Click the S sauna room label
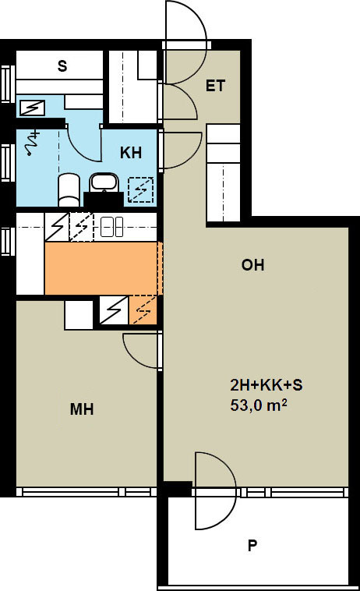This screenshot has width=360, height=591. coord(62,66)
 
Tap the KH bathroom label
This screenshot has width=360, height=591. coord(131,153)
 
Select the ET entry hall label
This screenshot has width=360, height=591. coord(215,86)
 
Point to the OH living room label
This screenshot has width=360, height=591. coord(252,265)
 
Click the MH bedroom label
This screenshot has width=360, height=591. coord(82,409)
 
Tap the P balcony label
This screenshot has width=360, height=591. coord(252,546)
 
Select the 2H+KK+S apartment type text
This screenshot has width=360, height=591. coord(266,385)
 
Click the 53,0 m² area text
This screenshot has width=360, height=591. coord(259,405)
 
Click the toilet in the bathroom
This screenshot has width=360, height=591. coord(69,189)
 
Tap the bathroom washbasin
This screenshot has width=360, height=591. coord(104,182)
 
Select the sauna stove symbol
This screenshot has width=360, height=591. coord(32,108)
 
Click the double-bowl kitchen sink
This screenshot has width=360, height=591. coord(111,227)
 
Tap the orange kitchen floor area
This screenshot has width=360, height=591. coord(101,268)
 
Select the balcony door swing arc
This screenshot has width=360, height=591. coord(217,490)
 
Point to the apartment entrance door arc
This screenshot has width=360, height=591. coord(189,23)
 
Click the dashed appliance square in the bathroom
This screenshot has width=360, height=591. coord(141,189)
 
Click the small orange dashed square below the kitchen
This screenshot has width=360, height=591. coord(143,310)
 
